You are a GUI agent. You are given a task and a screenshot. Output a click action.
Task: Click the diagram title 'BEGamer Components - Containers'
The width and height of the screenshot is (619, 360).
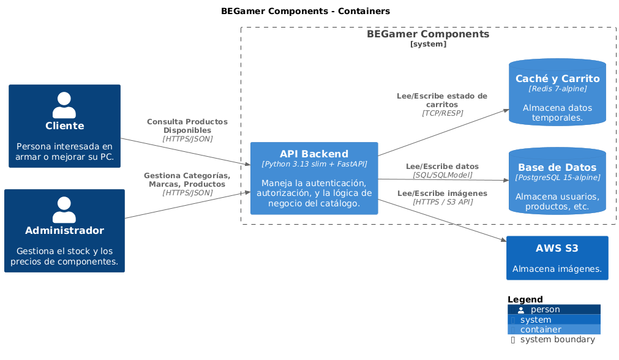(305, 11)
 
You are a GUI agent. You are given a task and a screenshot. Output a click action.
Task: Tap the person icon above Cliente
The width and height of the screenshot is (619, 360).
(64, 105)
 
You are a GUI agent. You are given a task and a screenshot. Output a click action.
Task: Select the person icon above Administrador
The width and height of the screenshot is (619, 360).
(64, 209)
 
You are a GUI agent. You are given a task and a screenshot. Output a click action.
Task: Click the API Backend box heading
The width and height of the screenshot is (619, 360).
(314, 154)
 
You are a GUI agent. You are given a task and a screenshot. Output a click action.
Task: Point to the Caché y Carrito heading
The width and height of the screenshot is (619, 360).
(557, 78)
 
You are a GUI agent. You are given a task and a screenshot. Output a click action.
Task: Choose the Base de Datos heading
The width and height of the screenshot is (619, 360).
(557, 167)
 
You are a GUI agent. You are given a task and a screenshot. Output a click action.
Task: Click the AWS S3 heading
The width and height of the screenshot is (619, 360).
(557, 248)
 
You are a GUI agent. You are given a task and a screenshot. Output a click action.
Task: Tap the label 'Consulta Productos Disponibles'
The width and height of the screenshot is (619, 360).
(187, 126)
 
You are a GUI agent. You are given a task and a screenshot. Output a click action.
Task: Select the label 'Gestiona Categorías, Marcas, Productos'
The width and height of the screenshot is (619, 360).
(187, 180)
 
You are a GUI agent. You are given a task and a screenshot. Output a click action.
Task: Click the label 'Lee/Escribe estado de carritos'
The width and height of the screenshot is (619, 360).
(442, 100)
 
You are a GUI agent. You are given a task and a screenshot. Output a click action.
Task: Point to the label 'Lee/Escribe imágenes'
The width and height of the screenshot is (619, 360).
(442, 193)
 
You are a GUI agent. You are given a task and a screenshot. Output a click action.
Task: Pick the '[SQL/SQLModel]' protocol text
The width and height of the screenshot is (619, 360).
(442, 175)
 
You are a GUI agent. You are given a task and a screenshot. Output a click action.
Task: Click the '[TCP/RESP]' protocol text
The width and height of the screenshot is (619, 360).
(442, 113)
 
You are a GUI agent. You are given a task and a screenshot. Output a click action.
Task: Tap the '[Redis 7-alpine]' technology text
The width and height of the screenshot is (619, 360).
(557, 89)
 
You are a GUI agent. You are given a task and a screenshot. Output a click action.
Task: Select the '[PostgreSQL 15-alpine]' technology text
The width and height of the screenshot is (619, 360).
(557, 178)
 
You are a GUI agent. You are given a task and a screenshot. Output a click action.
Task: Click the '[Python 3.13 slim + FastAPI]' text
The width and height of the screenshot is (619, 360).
(314, 164)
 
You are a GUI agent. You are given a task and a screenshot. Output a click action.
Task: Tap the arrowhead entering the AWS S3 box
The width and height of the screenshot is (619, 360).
(503, 242)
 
